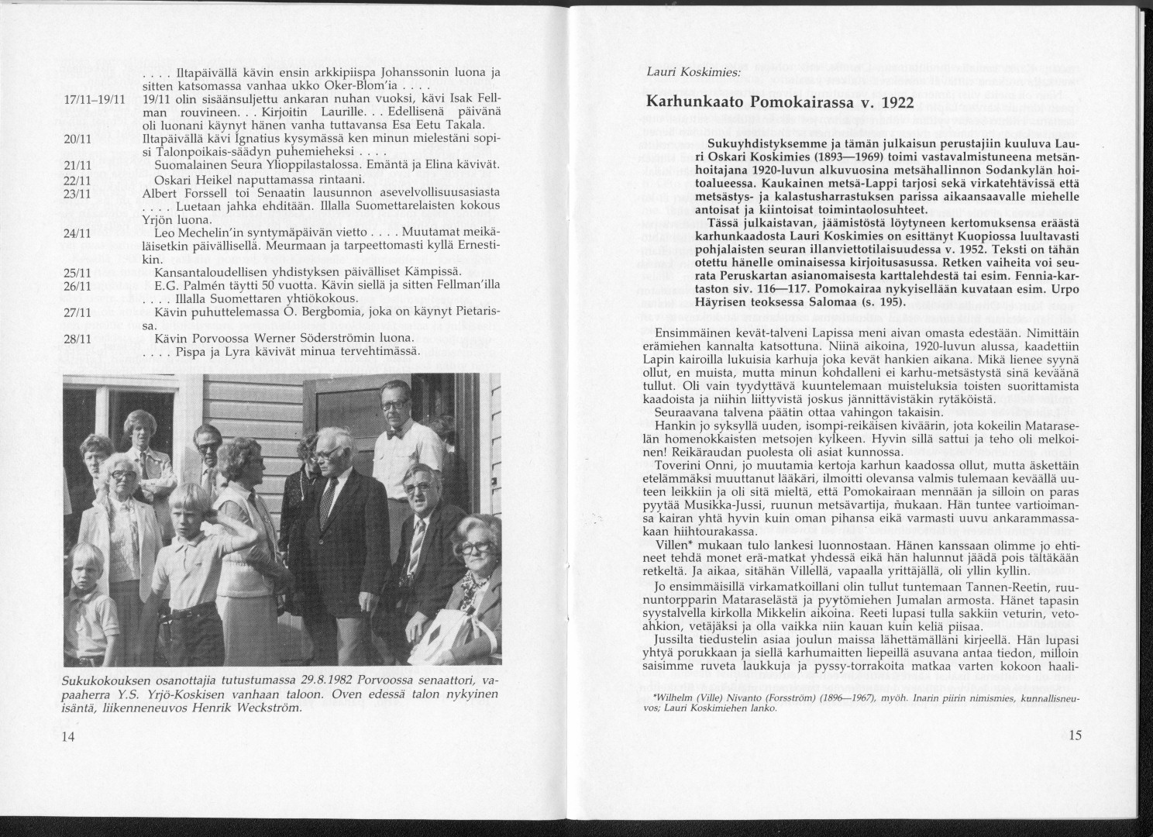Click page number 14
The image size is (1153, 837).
pyautogui.click(x=68, y=736)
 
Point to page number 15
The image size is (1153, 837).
pyautogui.click(x=1074, y=736)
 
